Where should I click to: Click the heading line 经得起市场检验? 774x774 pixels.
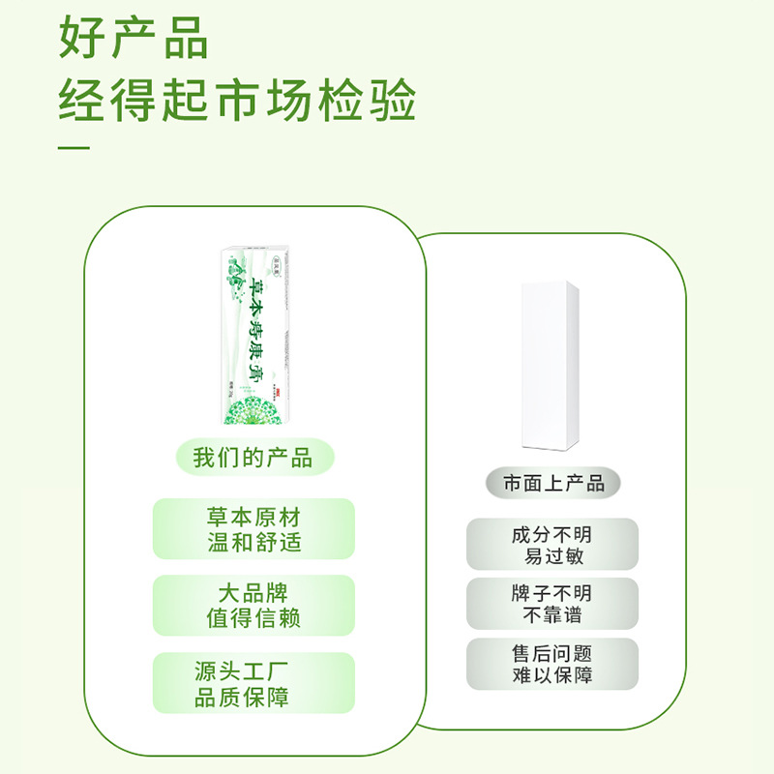point(237,100)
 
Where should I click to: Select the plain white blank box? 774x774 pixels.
point(550,365)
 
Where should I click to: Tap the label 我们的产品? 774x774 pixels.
point(253,458)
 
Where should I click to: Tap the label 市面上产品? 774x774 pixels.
point(553,483)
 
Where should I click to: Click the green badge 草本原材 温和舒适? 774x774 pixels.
point(253,528)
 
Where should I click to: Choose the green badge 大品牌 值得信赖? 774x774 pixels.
point(253,606)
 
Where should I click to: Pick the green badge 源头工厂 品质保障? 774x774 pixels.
point(253,683)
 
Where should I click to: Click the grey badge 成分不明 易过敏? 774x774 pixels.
point(552,545)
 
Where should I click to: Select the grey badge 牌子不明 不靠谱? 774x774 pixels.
point(552,604)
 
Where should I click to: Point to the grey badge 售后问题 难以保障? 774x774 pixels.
point(552,664)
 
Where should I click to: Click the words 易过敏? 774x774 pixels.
point(552,556)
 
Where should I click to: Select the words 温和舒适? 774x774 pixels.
point(253,541)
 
